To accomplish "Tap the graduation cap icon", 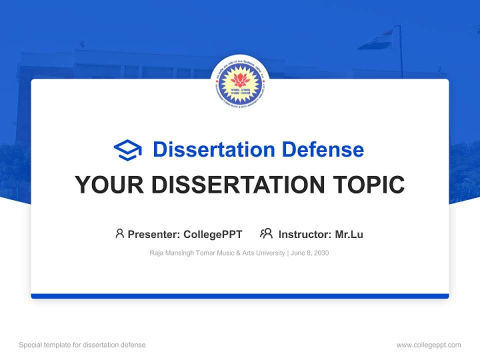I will pos(127,150).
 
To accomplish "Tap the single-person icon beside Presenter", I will pos(119,233).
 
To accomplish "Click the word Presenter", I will pos(153,234).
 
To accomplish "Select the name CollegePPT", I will pos(212,234).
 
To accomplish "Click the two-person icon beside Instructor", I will pos(266,233).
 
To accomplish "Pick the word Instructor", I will pos(304,234).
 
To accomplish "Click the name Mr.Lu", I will pos(349,234).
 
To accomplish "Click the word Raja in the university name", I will pos(156,253).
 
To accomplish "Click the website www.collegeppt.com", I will pos(428,345).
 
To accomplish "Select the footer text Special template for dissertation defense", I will pos(82,345).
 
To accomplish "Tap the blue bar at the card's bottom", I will pos(240,296).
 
